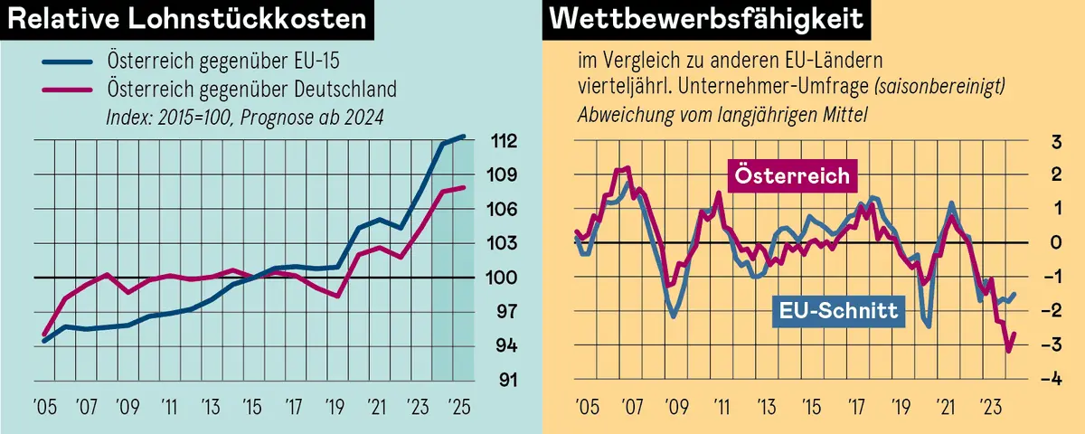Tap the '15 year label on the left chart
250,405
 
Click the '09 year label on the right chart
672,405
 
